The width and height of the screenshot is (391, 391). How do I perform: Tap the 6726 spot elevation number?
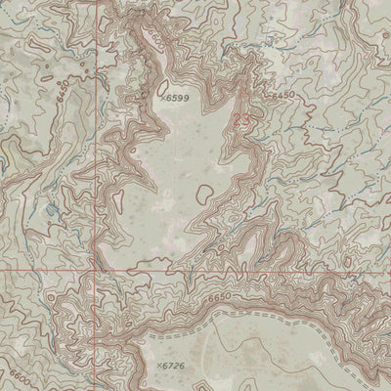(171, 366)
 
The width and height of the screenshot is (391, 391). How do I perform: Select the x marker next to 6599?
(160, 100)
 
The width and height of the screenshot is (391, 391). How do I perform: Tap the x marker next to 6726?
(155, 365)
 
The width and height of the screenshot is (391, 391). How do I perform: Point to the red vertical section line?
(96, 176)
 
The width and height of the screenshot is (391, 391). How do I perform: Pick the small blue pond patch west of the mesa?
(51, 210)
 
